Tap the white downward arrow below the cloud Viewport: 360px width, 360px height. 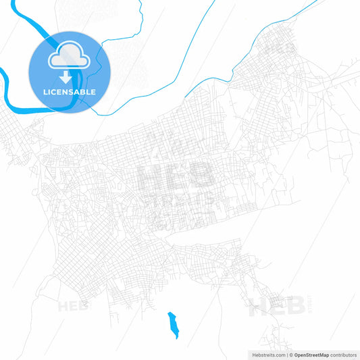coord(65,79)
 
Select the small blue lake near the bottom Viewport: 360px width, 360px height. coord(173,324)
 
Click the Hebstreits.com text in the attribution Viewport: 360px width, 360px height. coord(266,354)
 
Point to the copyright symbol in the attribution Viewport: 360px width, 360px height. coord(290,354)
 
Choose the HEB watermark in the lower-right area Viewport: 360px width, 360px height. coord(273,307)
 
